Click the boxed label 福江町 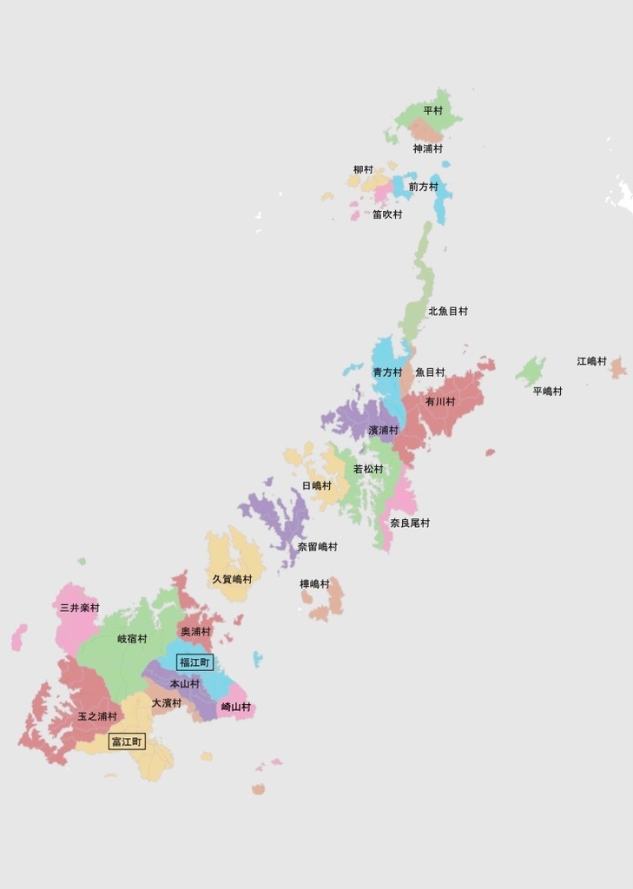coord(195,662)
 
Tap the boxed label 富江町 coord(127,742)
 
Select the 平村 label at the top coord(432,111)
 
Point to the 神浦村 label coord(427,149)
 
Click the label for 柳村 coord(363,170)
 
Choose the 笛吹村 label coord(387,214)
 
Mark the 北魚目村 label coord(448,311)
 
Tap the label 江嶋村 coord(591,361)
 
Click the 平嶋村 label coord(547,392)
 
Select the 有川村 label coord(440,402)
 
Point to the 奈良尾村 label coord(410,524)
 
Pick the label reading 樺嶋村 coord(315,584)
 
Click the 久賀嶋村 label coord(233,579)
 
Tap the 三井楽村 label coord(79,609)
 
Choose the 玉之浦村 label coord(97,717)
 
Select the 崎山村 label coord(236,708)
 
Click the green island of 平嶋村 coord(530,372)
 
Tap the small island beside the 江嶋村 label coord(617,367)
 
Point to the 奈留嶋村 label coord(318,547)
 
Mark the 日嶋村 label coord(317,485)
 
